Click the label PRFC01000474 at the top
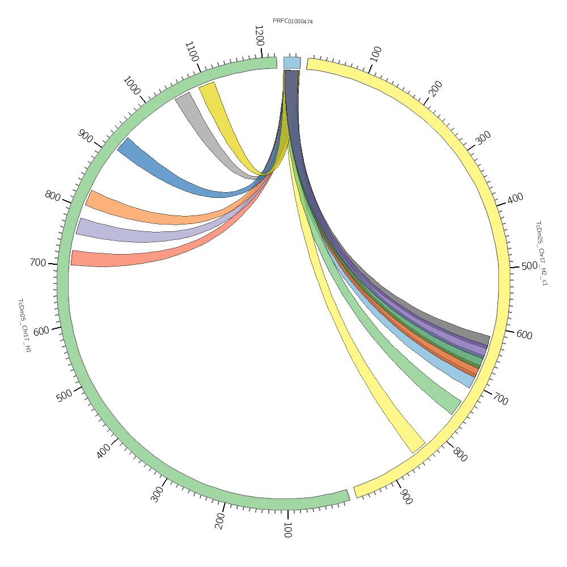pos(293,22)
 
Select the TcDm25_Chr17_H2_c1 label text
pos(541,253)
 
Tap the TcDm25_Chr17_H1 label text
pos(24,325)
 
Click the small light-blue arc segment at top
pos(292,62)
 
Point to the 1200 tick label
pos(259,36)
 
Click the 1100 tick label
pos(192,52)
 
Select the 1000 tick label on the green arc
pos(131,86)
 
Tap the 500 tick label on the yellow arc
pos(529,266)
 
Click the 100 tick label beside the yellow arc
pos(375,54)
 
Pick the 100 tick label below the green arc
pos(287,531)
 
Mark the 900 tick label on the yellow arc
pos(405,497)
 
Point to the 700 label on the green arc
pos(37,263)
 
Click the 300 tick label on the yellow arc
pos(483,138)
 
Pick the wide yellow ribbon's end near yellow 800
pos(418,447)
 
